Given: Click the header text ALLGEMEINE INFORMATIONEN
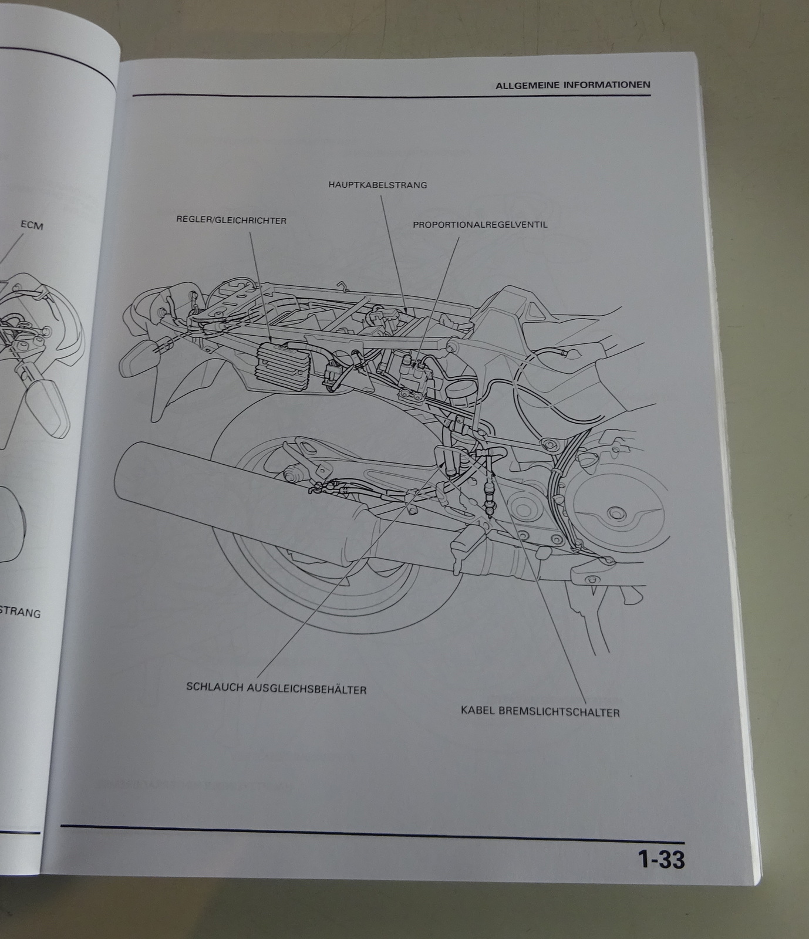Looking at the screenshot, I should (572, 85).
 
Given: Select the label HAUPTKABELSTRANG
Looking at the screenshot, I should (377, 185).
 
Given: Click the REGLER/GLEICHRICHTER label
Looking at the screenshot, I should (231, 221).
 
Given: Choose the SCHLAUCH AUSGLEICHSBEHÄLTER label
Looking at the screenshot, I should (276, 688).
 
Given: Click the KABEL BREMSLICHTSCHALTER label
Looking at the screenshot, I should (540, 712).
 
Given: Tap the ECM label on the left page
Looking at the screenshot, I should (32, 225).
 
